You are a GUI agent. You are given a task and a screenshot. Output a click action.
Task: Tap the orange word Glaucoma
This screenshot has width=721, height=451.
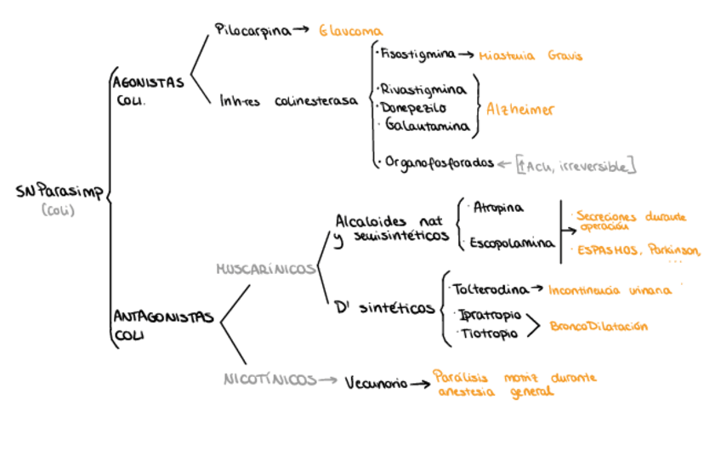coord(351,31)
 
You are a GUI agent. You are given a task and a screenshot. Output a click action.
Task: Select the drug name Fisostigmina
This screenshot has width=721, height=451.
coord(417,54)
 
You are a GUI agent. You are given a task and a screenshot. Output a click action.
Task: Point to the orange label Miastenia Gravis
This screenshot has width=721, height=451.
coord(531,56)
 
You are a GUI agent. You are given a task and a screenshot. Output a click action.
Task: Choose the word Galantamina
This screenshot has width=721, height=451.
coord(427,126)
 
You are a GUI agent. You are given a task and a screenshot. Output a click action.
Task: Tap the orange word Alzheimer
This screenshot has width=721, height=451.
coord(520,109)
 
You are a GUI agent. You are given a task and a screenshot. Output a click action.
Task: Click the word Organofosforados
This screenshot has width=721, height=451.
coord(439,162)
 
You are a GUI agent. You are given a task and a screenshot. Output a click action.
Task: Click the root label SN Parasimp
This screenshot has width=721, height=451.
coord(59,192)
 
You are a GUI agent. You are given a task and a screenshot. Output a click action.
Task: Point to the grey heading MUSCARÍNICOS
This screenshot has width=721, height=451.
coord(266,268)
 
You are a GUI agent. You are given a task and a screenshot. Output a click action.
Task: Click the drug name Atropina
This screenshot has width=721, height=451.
coord(498,207)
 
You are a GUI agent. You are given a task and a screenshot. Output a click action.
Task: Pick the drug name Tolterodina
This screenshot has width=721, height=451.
coord(491,288)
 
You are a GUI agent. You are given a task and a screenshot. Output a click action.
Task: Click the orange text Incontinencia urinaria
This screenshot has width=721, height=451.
coord(609,290)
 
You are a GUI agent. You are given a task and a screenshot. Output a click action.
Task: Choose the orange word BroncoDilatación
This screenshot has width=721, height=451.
coord(599,326)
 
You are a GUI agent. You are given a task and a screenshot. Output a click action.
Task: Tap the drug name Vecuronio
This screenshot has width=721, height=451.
coord(375,383)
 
